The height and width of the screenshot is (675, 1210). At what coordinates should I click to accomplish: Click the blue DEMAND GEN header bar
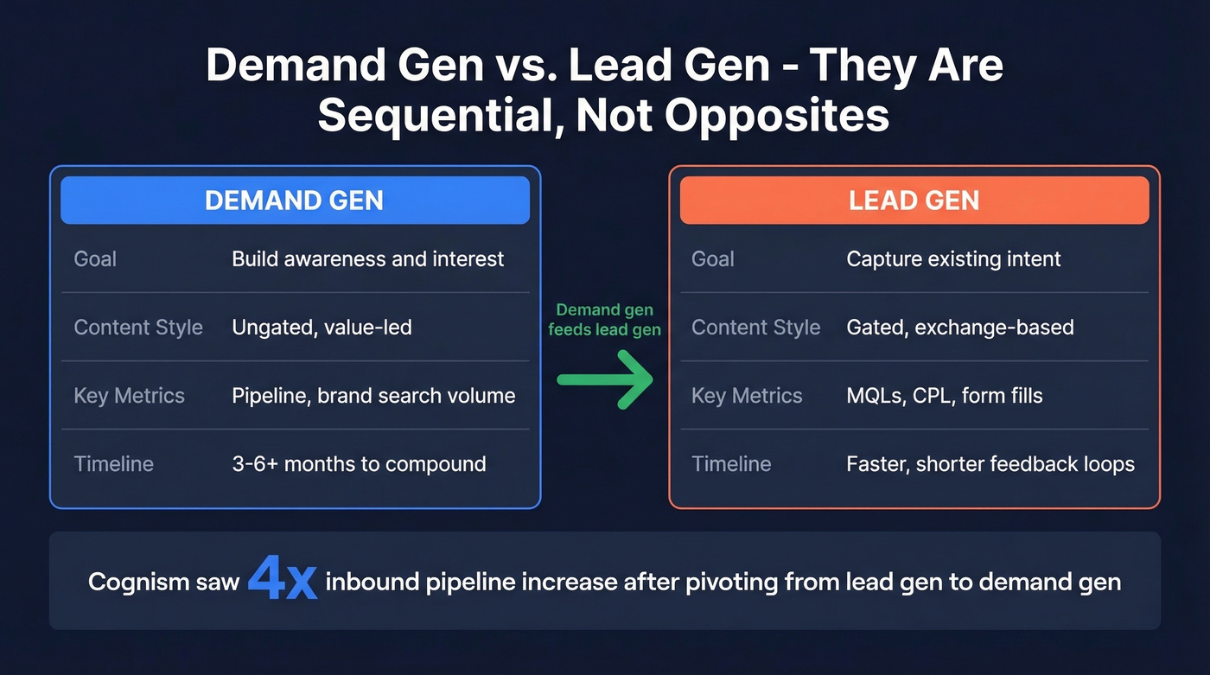click(x=294, y=201)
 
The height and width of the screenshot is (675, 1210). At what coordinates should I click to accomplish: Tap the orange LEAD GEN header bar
click(x=914, y=201)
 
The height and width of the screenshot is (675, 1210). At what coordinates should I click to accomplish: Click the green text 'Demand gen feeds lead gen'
click(x=604, y=319)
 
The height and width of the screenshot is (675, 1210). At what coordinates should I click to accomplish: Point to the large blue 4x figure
click(x=282, y=580)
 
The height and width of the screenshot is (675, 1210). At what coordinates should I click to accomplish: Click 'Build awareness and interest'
click(x=367, y=258)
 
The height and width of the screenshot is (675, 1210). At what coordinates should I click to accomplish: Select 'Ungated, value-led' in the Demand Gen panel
click(x=322, y=327)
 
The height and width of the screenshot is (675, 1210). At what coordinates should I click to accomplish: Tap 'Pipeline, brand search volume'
click(x=373, y=395)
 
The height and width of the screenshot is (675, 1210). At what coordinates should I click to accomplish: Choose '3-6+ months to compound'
click(x=359, y=463)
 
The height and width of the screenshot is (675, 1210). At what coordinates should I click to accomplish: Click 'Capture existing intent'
click(x=953, y=258)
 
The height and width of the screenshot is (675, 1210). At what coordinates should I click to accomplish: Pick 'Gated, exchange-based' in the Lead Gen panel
click(x=959, y=327)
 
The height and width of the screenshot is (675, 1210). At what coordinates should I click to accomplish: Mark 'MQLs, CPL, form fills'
click(x=944, y=395)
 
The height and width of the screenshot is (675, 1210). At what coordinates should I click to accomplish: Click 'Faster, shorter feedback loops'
click(x=990, y=463)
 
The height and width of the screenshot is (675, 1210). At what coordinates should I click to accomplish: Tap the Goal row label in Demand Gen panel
click(x=95, y=258)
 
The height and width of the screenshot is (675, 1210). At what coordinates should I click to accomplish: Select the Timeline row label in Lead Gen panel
click(x=731, y=463)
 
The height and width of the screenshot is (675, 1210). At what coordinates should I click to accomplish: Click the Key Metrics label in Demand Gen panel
click(x=129, y=395)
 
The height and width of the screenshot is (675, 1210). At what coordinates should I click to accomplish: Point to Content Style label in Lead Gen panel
click(x=755, y=327)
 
